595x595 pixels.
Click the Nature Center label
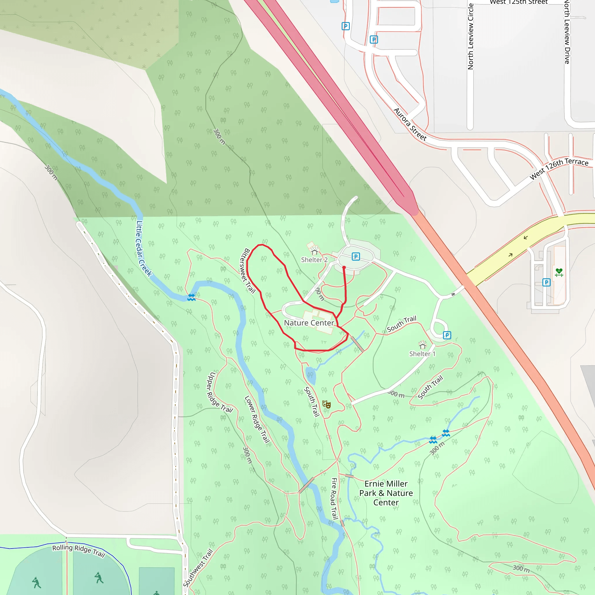click(x=309, y=323)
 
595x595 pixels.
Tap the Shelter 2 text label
click(x=314, y=260)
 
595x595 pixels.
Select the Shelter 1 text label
click(x=422, y=354)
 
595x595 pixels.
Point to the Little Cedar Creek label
click(x=144, y=248)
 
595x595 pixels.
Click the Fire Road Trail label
click(x=334, y=499)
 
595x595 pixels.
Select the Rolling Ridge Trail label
click(x=78, y=551)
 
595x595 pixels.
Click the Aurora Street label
click(x=410, y=124)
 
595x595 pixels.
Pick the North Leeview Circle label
click(x=471, y=36)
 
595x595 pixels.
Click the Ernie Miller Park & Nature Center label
click(x=386, y=493)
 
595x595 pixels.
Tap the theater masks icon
click(x=327, y=404)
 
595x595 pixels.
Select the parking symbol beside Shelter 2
click(x=356, y=257)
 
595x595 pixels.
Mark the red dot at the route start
click(x=344, y=268)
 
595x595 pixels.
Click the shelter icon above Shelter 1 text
click(x=422, y=345)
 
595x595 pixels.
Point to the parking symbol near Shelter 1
click(x=447, y=335)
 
